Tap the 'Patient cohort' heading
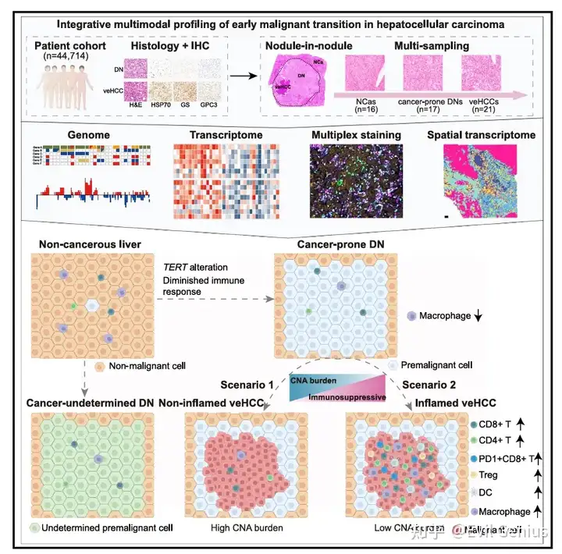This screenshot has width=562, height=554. pos(70,48)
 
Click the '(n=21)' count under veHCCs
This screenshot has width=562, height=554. pos(489,109)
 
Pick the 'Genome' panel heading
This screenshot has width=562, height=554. pos(79,136)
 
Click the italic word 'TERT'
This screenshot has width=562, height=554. pos(176,266)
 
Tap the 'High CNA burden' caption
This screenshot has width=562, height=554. pos(246,528)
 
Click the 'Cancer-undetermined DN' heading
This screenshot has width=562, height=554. pos(88,403)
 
